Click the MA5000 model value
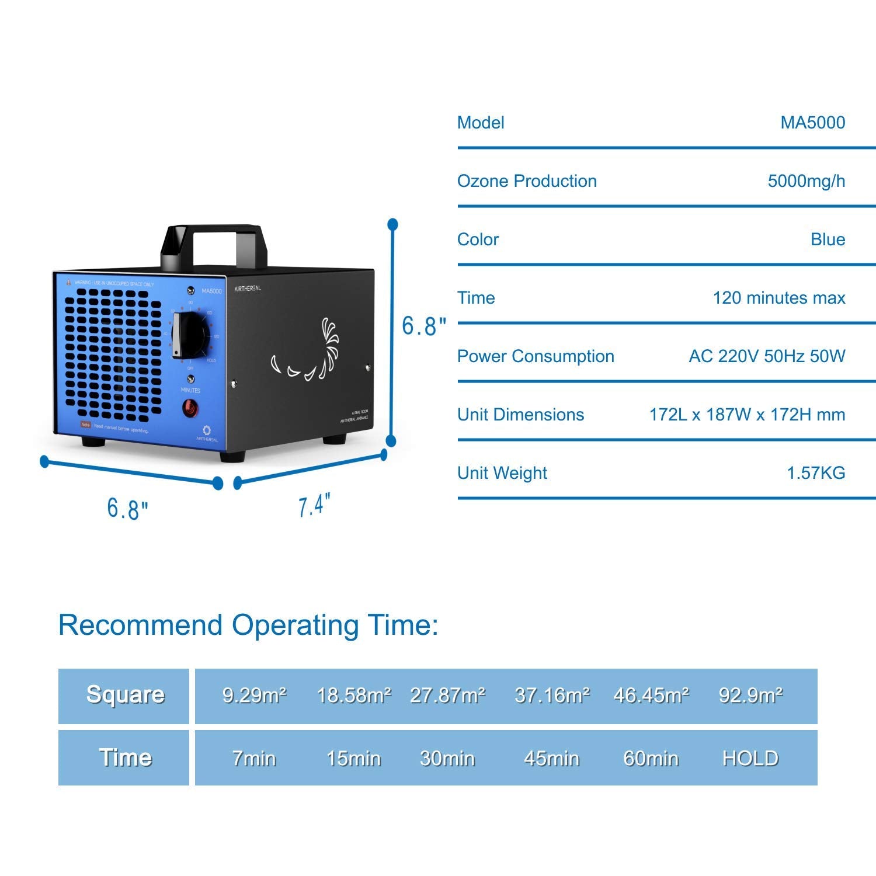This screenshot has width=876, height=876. pyautogui.click(x=812, y=123)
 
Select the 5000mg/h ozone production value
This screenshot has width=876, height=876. pyautogui.click(x=806, y=181)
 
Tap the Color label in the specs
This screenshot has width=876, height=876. pyautogui.click(x=478, y=239)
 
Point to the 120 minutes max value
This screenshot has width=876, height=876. pyautogui.click(x=778, y=298)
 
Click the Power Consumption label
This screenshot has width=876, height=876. pyautogui.click(x=536, y=356)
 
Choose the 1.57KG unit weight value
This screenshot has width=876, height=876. pyautogui.click(x=816, y=473)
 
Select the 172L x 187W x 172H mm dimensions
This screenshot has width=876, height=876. pyautogui.click(x=747, y=415)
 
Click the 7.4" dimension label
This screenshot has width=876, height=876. pyautogui.click(x=314, y=505)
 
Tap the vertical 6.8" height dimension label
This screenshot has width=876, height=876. pyautogui.click(x=423, y=326)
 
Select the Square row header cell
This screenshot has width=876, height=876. pyautogui.click(x=124, y=695)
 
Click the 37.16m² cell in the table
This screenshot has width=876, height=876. pyautogui.click(x=552, y=695)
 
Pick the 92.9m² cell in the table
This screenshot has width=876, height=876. pyautogui.click(x=750, y=695)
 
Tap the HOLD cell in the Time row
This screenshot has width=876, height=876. pyautogui.click(x=750, y=758)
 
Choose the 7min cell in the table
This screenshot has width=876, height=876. pyautogui.click(x=254, y=758)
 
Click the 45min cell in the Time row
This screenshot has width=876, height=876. pyautogui.click(x=552, y=758)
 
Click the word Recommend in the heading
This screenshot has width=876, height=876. pyautogui.click(x=141, y=625)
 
